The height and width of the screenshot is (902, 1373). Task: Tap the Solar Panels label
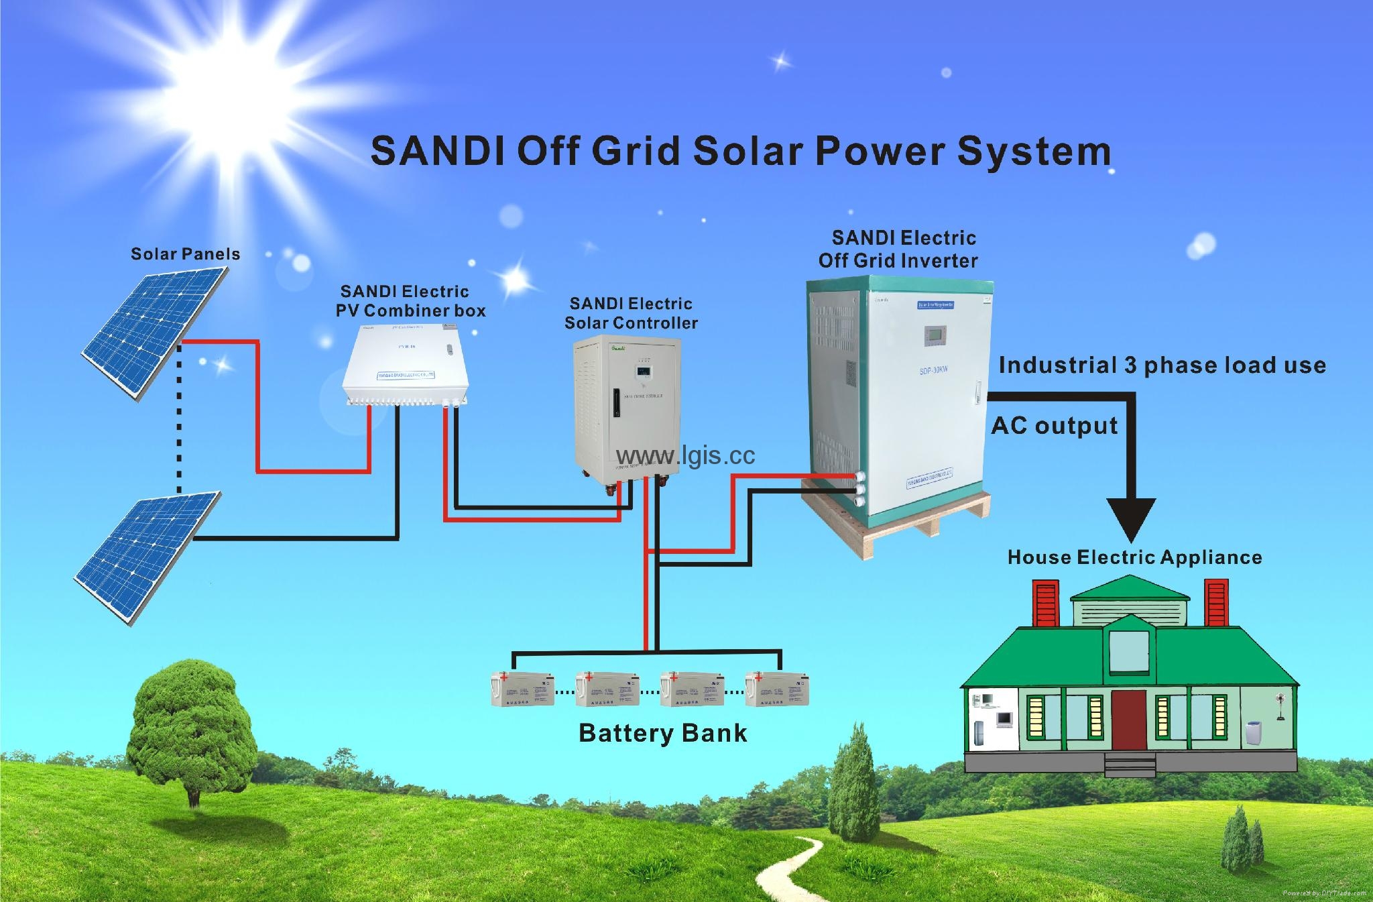(x=185, y=254)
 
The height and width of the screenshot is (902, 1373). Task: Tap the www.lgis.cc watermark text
(x=685, y=455)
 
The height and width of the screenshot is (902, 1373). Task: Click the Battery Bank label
(x=662, y=733)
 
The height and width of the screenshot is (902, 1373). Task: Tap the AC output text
(x=1055, y=426)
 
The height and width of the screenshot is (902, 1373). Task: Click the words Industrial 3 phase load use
(x=1162, y=365)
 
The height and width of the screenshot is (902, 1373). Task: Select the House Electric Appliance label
(x=1134, y=557)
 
